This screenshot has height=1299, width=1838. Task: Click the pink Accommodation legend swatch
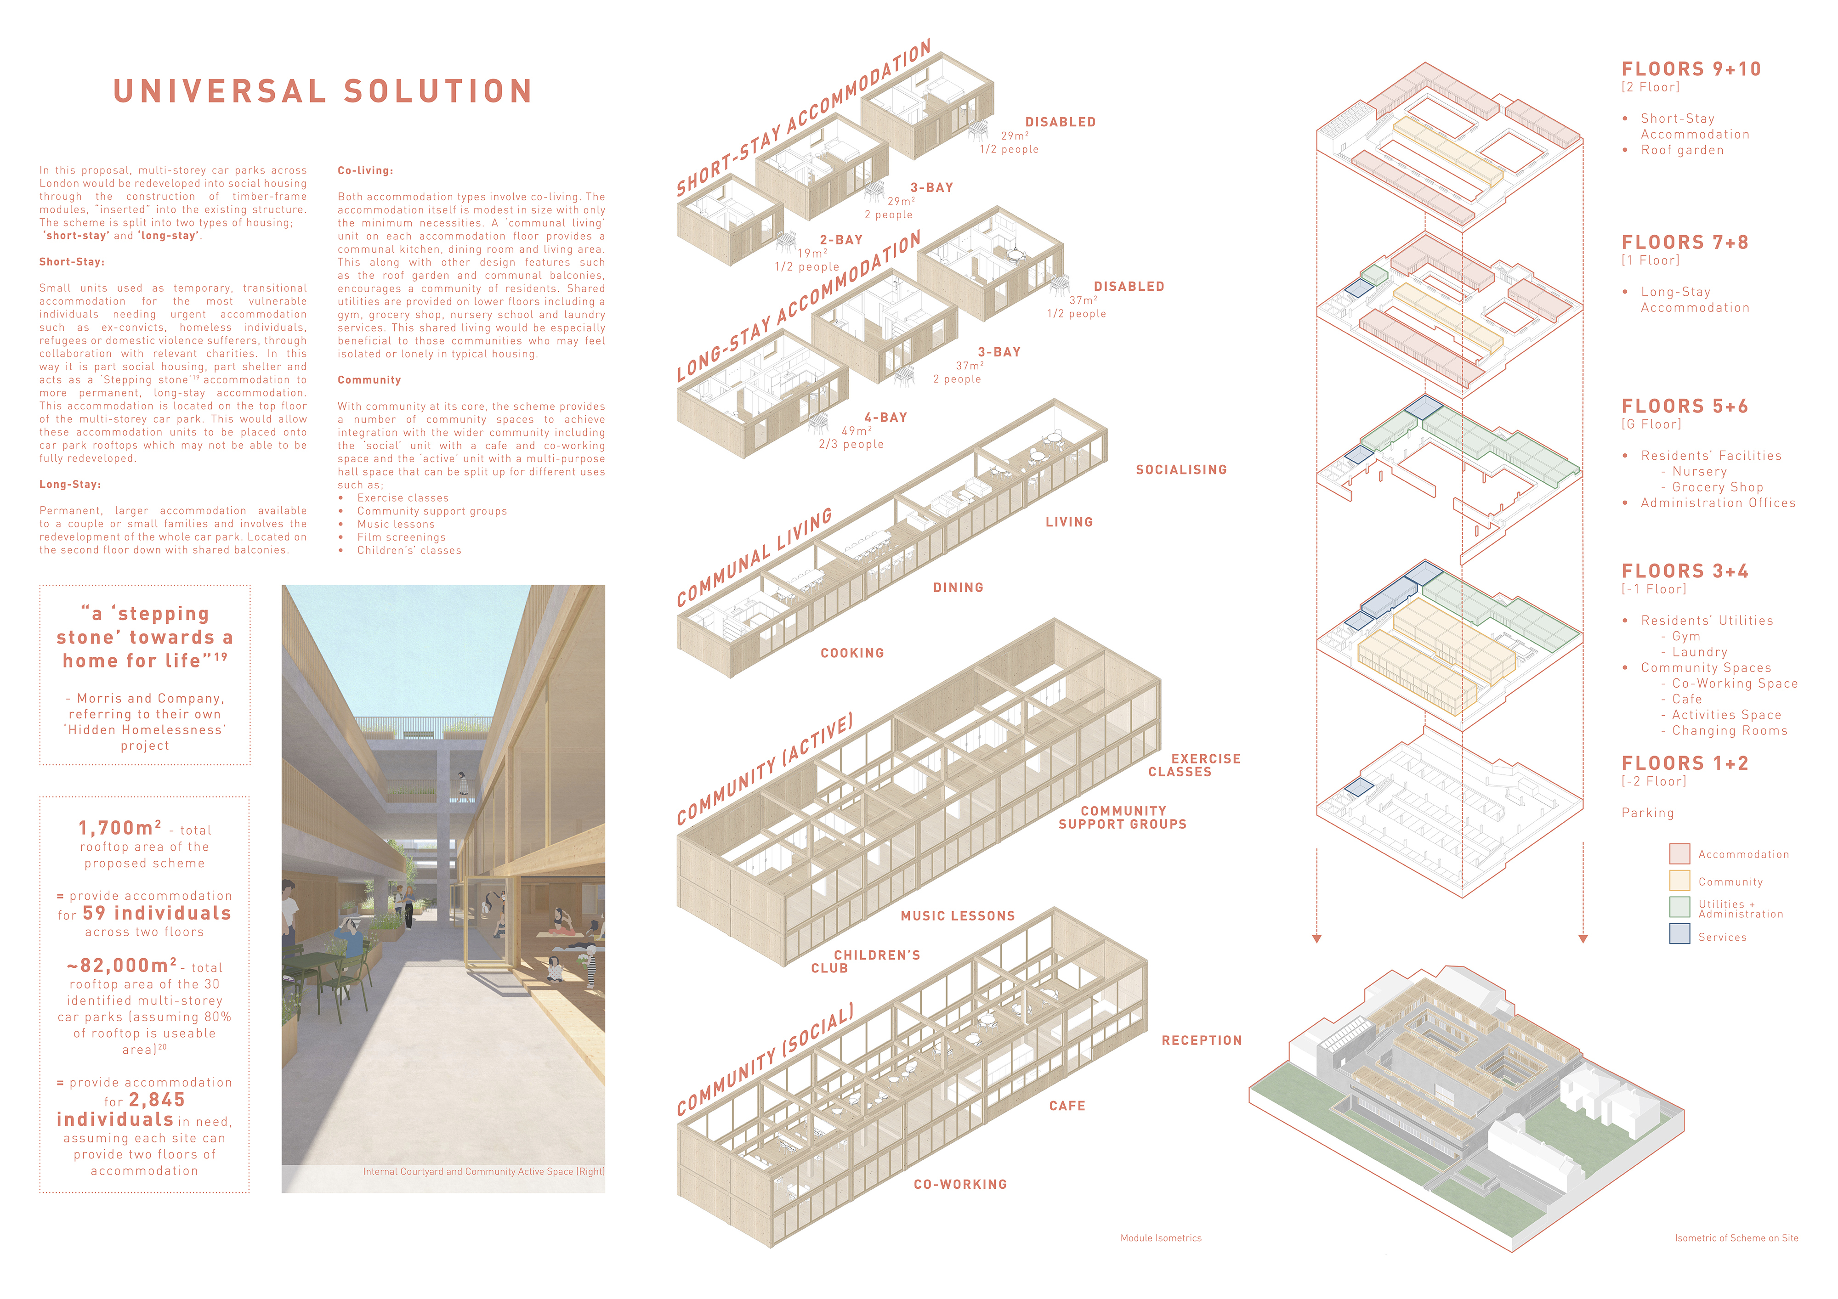click(1679, 853)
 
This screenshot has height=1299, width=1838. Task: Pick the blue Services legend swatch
click(1679, 933)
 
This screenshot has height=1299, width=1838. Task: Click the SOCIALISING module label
click(1181, 470)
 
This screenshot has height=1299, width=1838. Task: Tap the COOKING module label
click(852, 653)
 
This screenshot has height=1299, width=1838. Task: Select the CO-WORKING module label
click(960, 1185)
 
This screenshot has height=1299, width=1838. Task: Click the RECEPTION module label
click(1202, 1040)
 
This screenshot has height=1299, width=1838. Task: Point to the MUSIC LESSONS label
click(958, 915)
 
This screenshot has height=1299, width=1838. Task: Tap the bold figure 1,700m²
click(120, 828)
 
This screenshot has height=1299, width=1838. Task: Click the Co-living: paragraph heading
click(365, 170)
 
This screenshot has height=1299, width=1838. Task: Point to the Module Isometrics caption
click(1161, 1238)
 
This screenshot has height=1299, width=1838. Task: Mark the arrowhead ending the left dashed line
click(1317, 938)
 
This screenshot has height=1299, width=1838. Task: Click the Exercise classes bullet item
click(403, 498)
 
